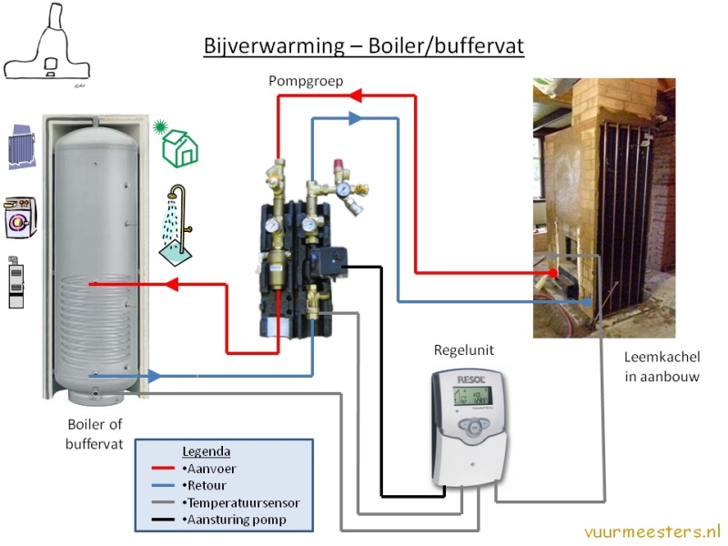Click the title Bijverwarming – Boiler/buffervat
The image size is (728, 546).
[363, 45]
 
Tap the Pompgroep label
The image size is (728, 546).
[306, 81]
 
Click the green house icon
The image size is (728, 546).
[179, 145]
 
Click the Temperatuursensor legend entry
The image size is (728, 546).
[240, 502]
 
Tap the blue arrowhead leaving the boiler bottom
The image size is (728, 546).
[154, 375]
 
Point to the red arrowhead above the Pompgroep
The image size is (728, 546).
[358, 94]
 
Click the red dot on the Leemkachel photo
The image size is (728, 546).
[553, 272]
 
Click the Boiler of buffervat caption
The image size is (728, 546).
[94, 433]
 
